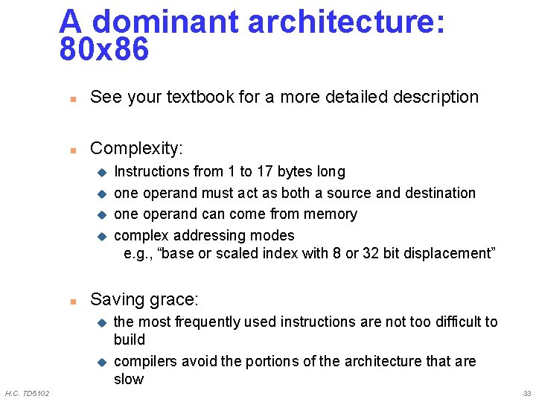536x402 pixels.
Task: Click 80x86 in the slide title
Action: [104, 51]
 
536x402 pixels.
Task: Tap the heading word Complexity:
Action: [136, 148]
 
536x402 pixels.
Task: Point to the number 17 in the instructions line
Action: [265, 172]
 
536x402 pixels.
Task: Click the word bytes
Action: [295, 172]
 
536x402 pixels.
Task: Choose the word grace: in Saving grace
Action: [173, 300]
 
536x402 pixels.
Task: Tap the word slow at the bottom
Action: [128, 379]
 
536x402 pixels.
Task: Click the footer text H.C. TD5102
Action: [28, 393]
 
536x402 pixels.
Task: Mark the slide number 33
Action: [526, 393]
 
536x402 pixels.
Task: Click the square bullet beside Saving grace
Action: [73, 301]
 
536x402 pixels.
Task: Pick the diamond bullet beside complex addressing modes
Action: [102, 236]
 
